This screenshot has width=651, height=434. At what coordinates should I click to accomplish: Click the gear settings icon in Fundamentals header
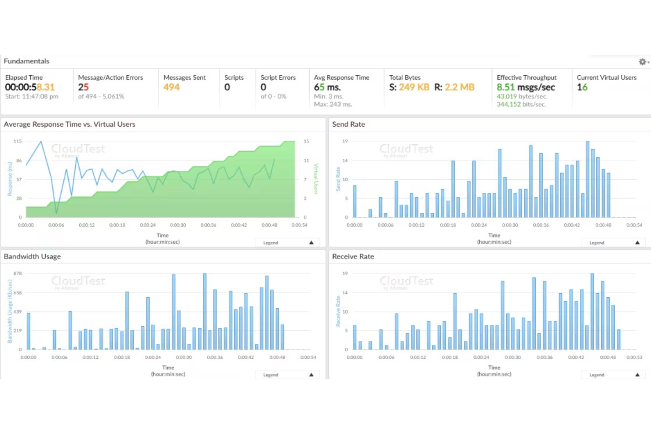pyautogui.click(x=643, y=62)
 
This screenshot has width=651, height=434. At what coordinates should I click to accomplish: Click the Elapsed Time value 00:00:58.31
pyautogui.click(x=30, y=87)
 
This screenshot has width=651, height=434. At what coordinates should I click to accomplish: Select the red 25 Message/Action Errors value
pyautogui.click(x=84, y=87)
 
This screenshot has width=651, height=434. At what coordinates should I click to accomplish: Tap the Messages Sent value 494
pyautogui.click(x=172, y=87)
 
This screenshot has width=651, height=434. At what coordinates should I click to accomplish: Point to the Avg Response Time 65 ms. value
pyautogui.click(x=327, y=87)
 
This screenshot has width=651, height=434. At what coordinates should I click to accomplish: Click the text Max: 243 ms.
pyautogui.click(x=333, y=104)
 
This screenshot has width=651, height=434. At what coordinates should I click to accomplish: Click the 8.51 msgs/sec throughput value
pyautogui.click(x=526, y=87)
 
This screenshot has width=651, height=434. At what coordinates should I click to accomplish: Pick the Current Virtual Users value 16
pyautogui.click(x=582, y=87)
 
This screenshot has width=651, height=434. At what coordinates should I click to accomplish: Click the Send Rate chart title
pyautogui.click(x=348, y=124)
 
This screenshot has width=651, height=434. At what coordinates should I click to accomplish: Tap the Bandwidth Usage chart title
pyautogui.click(x=32, y=256)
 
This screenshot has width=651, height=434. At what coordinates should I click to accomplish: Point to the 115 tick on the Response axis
pyautogui.click(x=18, y=141)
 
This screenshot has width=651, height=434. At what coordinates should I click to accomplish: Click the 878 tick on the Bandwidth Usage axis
pyautogui.click(x=18, y=274)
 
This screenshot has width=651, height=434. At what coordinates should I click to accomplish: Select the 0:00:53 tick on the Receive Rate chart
pyautogui.click(x=634, y=357)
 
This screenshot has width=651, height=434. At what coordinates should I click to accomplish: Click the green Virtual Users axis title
pyautogui.click(x=315, y=179)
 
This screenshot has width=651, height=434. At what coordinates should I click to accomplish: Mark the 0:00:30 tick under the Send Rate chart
pyautogui.click(x=510, y=225)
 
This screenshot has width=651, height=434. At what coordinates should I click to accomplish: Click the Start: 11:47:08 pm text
pyautogui.click(x=32, y=96)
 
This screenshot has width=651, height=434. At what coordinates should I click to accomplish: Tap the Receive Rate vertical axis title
pyautogui.click(x=338, y=311)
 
